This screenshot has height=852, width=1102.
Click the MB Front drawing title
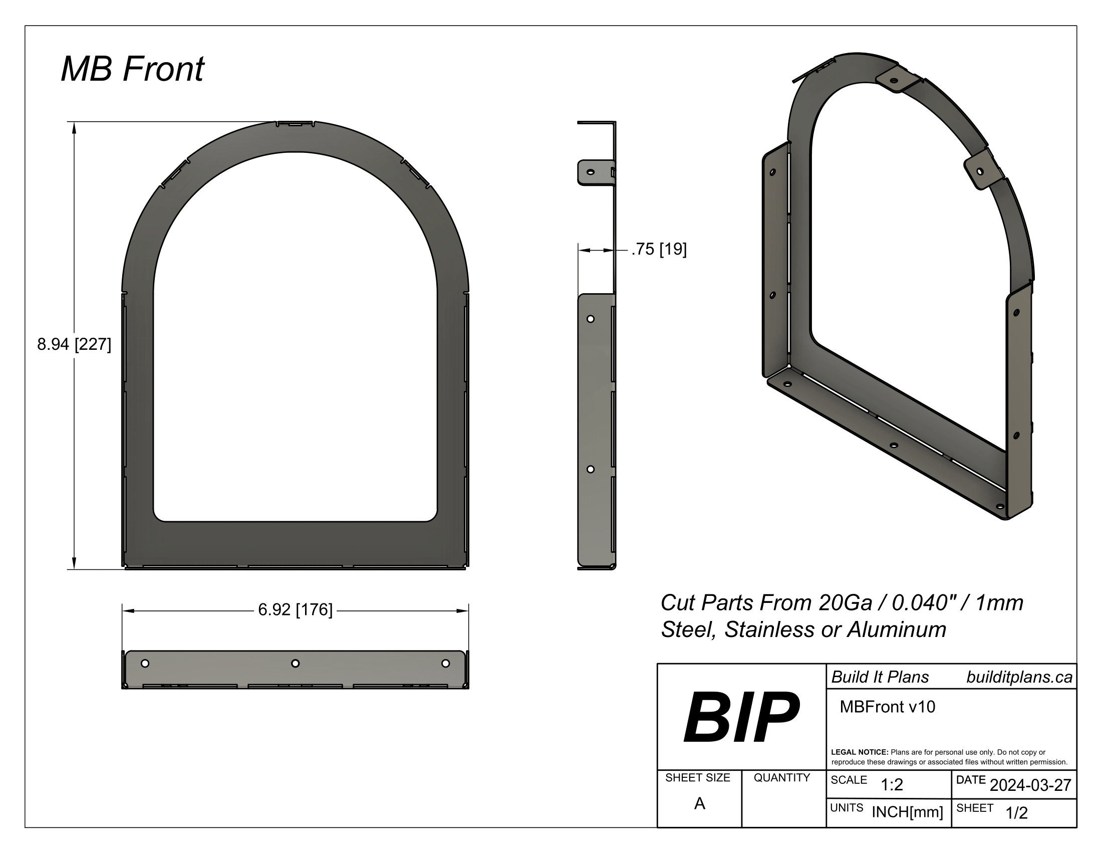[132, 69]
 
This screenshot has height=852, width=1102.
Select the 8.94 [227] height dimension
[74, 344]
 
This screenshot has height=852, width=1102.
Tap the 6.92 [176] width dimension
[295, 610]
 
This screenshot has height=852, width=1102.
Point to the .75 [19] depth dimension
[659, 250]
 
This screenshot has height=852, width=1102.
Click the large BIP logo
[741, 717]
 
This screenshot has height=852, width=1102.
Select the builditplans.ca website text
[1019, 678]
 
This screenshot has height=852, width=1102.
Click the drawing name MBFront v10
[887, 707]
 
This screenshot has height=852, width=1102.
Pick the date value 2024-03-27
[1030, 785]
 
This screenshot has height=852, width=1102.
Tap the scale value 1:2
[892, 785]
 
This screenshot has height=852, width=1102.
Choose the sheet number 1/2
[1016, 813]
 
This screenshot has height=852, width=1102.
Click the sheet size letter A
[699, 803]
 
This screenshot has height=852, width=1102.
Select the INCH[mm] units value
[907, 812]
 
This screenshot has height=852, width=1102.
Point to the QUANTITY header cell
[781, 778]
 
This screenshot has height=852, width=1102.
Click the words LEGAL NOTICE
[859, 752]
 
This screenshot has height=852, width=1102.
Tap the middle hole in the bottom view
[296, 663]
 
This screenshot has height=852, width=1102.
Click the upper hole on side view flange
[591, 319]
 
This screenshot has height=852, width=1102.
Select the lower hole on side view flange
[591, 470]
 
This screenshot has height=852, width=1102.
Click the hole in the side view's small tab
[591, 172]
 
